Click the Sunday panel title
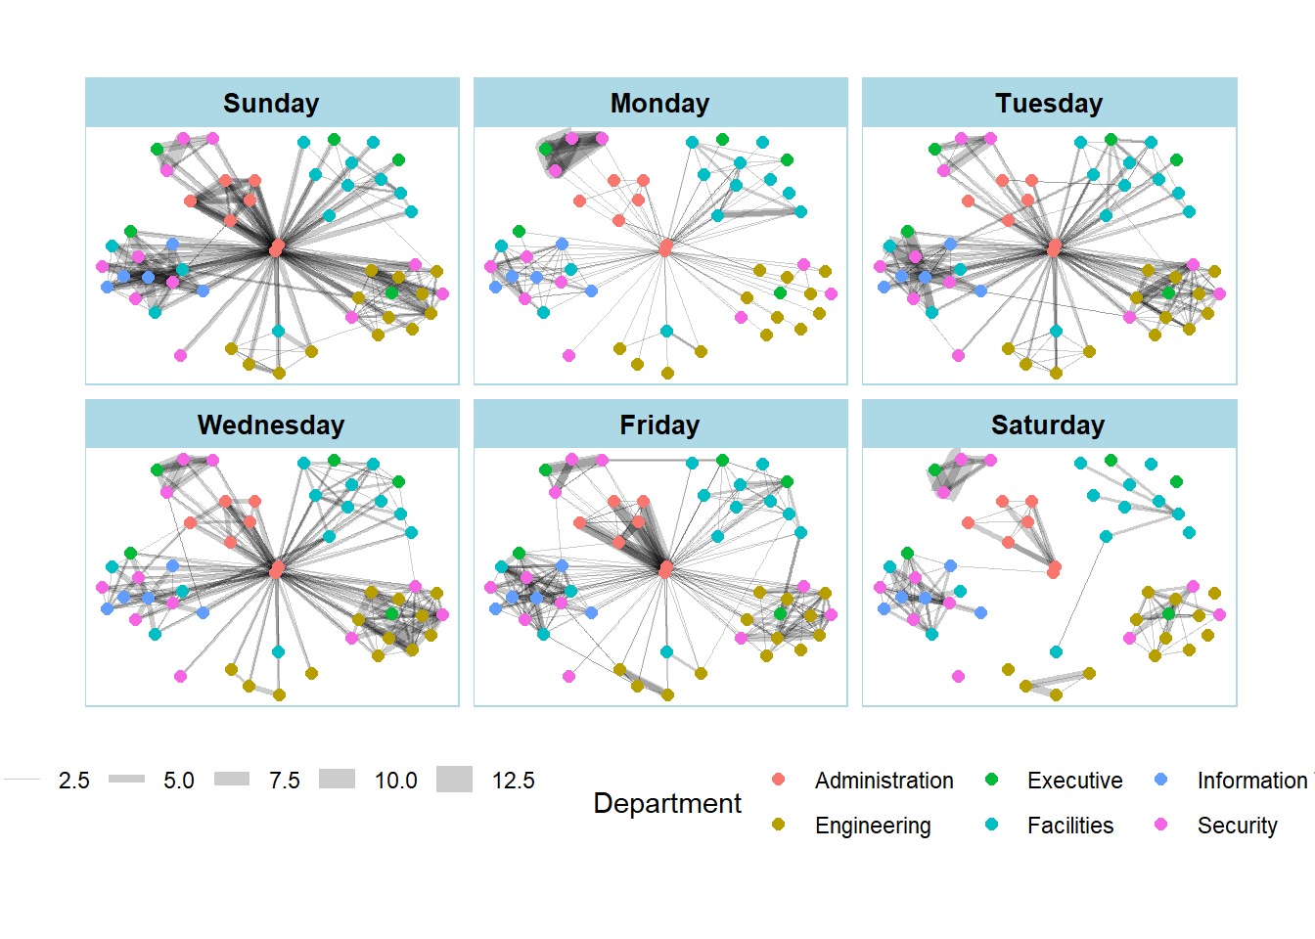pyautogui.click(x=271, y=104)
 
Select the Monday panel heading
pyautogui.click(x=659, y=104)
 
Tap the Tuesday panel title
pyautogui.click(x=1049, y=104)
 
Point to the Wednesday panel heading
pyautogui.click(x=271, y=425)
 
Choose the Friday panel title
pyautogui.click(x=659, y=425)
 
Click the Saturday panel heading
pyautogui.click(x=1048, y=425)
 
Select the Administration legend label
pyautogui.click(x=884, y=781)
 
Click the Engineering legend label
pyautogui.click(x=873, y=826)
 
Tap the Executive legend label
pyautogui.click(x=1074, y=781)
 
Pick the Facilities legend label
pyautogui.click(x=1070, y=826)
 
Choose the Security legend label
pyautogui.click(x=1237, y=826)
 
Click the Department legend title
pyautogui.click(x=667, y=803)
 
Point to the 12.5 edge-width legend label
pyautogui.click(x=513, y=781)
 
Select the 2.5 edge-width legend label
pyautogui.click(x=73, y=781)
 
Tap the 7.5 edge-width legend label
pyautogui.click(x=285, y=781)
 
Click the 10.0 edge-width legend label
pyautogui.click(x=395, y=781)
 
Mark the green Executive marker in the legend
pyautogui.click(x=991, y=780)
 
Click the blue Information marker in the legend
pyautogui.click(x=1161, y=780)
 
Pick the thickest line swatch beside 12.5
pyautogui.click(x=454, y=780)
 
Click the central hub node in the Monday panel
pyautogui.click(x=665, y=247)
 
